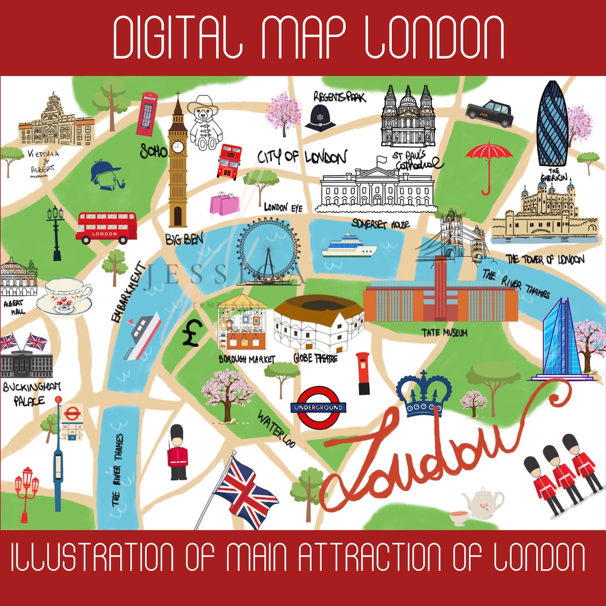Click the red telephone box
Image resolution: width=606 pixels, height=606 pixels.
point(148,114)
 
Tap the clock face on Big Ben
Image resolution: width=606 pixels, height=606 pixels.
point(178,146)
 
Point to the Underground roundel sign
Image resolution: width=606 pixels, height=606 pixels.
point(318,408)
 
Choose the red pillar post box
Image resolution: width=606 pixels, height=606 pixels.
point(364,373)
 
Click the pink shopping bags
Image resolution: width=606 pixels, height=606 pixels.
point(224,203)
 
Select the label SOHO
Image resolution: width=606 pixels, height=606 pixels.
point(154,151)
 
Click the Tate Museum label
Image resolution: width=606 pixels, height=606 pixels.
point(444,333)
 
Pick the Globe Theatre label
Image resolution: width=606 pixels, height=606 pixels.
point(315,359)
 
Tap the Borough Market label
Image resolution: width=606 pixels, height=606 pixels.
point(247,359)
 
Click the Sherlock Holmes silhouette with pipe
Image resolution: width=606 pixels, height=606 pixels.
point(106,174)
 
